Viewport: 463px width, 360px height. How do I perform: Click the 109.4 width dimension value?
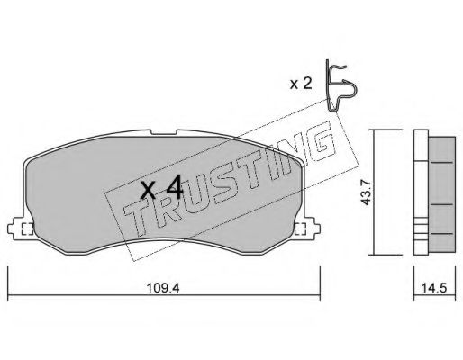[163, 288]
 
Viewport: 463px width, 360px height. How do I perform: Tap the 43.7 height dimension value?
[366, 192]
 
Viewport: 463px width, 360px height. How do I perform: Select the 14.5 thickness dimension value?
[434, 288]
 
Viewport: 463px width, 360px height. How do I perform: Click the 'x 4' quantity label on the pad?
[161, 188]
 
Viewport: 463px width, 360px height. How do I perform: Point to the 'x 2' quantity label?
[301, 84]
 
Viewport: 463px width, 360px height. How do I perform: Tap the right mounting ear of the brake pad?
[308, 229]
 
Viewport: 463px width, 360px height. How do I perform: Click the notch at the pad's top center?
[163, 132]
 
